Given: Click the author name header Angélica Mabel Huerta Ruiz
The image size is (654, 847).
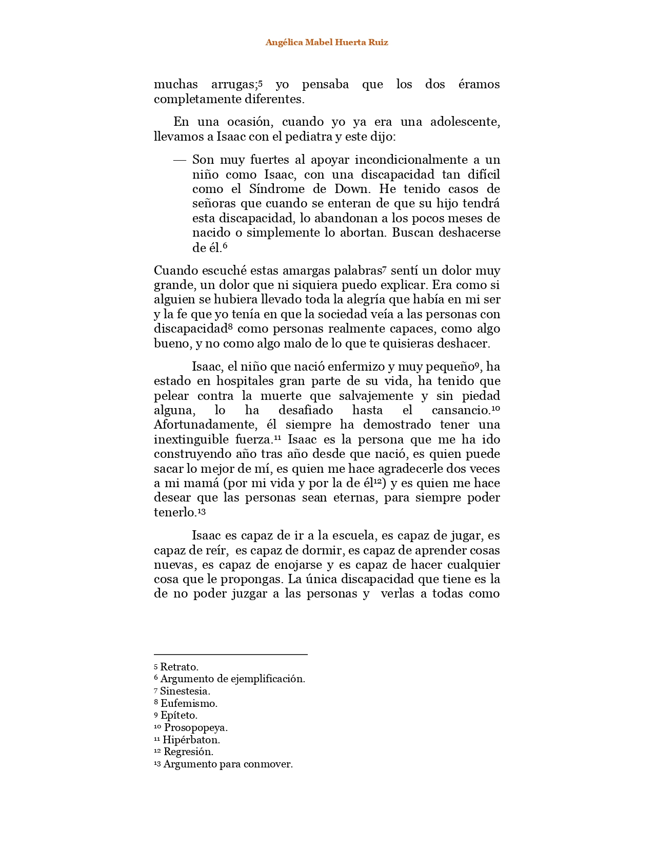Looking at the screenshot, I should tap(327, 43).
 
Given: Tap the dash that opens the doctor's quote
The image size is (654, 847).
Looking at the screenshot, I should tap(180, 160).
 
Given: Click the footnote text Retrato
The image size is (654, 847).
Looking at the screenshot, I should tap(179, 667).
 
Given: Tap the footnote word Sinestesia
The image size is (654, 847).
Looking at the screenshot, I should tap(185, 691).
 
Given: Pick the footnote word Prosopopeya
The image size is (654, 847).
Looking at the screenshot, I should tap(195, 728).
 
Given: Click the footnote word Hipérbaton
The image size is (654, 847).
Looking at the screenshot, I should tap(191, 740).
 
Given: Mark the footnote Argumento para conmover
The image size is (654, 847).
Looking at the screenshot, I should tap(228, 764).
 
